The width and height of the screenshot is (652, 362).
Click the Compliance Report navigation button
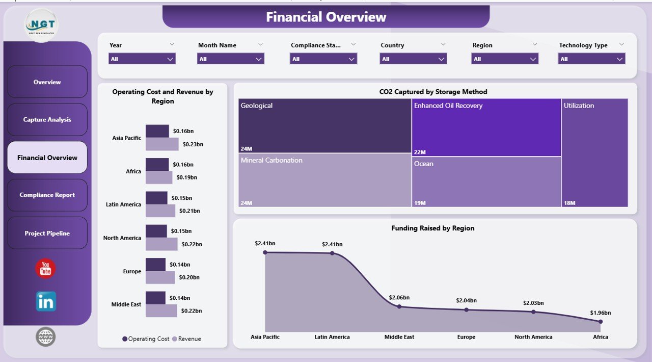[47, 195]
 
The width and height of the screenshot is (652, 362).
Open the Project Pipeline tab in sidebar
[47, 234]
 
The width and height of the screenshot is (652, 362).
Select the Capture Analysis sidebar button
[47, 120]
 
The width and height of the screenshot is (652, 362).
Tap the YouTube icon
[45, 268]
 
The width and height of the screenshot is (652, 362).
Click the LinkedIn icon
[46, 302]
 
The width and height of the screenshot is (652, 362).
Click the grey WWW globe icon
[45, 337]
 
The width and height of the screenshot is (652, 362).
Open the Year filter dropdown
[142, 59]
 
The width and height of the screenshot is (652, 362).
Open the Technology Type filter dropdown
[591, 59]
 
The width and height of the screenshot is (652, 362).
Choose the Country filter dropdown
[413, 59]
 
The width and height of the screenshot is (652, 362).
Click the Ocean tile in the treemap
[486, 182]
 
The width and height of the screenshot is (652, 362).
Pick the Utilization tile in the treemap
[594, 153]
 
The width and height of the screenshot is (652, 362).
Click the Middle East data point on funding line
[399, 306]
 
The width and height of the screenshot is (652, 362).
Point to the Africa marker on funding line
[601, 321]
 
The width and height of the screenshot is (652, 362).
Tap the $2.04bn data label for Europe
[466, 300]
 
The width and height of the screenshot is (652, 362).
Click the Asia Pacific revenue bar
[162, 144]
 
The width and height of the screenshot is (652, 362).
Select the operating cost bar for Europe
[155, 265]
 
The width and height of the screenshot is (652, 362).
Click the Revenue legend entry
[186, 339]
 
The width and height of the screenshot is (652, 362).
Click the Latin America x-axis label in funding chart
[332, 337]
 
